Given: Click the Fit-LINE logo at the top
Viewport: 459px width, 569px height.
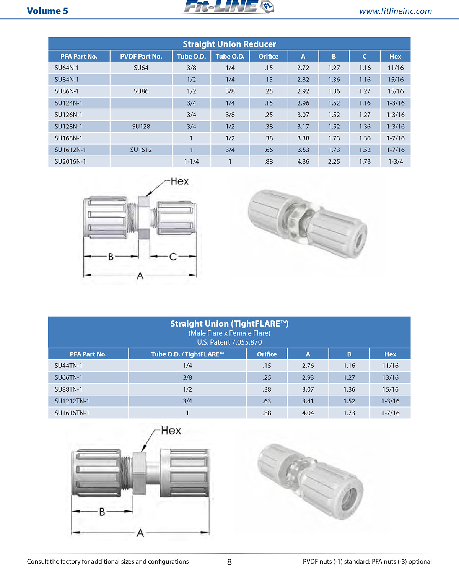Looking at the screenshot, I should tap(228, 7).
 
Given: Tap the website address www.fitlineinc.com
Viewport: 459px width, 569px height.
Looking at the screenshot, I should tap(395, 11).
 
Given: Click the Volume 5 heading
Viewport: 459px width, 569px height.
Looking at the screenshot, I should tap(47, 11).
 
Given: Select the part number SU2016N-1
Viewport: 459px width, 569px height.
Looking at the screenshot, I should tap(70, 162).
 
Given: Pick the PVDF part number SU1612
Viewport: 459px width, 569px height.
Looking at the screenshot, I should tap(141, 150).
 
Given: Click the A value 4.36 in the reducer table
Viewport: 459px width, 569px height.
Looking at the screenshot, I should tap(303, 162).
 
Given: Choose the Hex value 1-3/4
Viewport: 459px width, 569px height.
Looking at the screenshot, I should tap(395, 162).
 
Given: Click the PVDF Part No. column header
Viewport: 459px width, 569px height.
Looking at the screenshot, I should tap(141, 56).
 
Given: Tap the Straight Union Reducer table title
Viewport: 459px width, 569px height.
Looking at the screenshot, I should tap(229, 44).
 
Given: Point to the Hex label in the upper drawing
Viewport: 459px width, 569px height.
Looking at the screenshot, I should tap(179, 181).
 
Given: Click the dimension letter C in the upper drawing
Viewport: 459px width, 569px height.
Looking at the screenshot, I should tap(173, 257).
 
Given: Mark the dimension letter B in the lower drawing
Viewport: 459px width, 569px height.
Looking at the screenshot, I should tap(102, 512).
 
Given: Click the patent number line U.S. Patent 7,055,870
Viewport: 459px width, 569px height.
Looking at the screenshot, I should tap(229, 342).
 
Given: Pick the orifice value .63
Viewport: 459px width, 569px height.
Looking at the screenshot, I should tap(267, 401).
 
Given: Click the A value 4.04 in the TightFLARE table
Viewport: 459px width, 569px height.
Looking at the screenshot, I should tap(308, 413).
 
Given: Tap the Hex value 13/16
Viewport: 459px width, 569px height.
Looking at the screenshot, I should tap(390, 377).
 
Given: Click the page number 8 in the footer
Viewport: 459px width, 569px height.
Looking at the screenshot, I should tap(229, 562).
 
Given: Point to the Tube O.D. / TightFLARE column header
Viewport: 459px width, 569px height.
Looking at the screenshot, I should tap(187, 354).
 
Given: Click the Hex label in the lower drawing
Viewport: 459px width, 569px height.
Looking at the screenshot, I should tap(171, 431).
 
